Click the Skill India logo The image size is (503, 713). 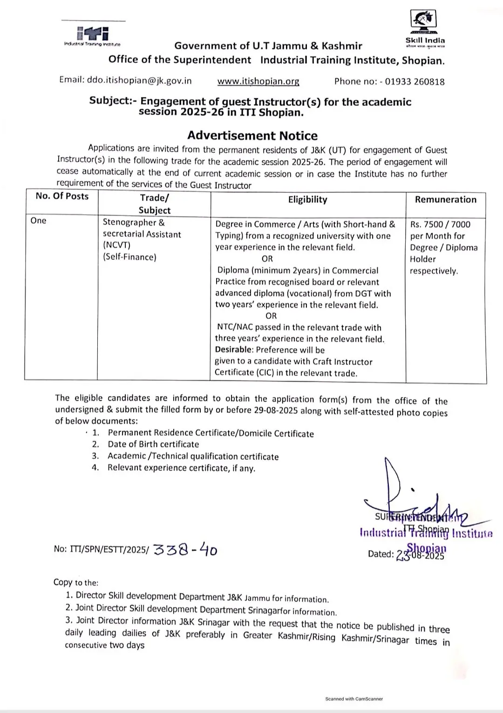(424, 28)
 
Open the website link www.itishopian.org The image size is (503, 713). (258, 81)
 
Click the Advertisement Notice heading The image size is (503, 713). (252, 135)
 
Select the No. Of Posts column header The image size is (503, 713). (62, 196)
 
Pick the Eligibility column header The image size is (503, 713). (307, 200)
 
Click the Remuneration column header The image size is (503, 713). (445, 200)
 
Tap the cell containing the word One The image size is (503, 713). (39, 221)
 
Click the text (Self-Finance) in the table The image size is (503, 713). (129, 257)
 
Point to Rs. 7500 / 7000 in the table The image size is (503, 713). (440, 224)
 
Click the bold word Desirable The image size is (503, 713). (234, 350)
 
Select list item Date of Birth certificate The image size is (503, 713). (153, 444)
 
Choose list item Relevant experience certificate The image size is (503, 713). (181, 468)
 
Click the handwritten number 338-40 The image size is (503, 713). (185, 550)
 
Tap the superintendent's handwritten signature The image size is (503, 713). (410, 498)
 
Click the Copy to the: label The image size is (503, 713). (76, 582)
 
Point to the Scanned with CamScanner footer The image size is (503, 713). (354, 699)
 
